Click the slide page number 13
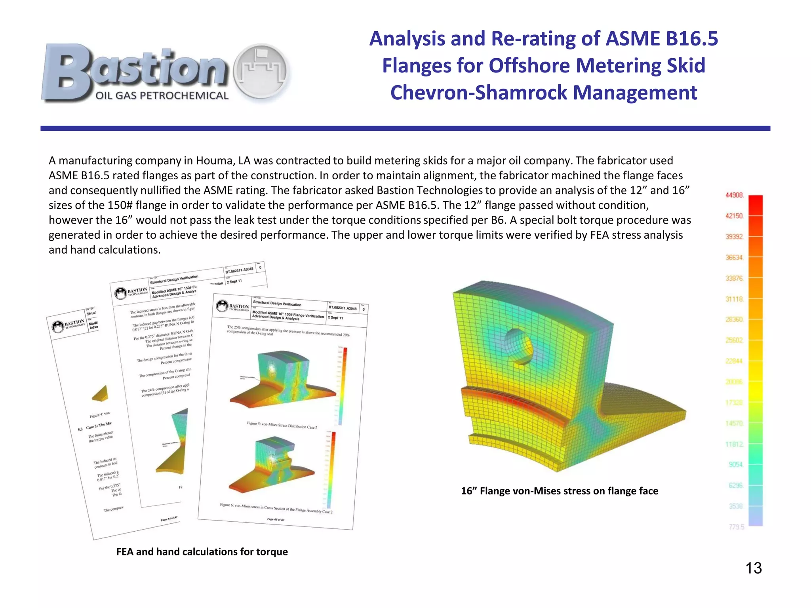click(753, 568)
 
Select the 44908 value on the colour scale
click(734, 195)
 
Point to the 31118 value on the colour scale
click(734, 299)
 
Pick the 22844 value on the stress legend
click(734, 361)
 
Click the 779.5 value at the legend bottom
click(736, 527)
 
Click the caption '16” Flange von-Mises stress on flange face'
click(559, 491)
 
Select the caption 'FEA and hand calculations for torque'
click(202, 552)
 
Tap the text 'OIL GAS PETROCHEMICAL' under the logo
click(162, 95)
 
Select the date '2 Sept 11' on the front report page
click(335, 317)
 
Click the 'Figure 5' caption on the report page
click(282, 425)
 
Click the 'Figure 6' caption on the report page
click(276, 508)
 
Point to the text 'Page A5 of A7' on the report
click(276, 519)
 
